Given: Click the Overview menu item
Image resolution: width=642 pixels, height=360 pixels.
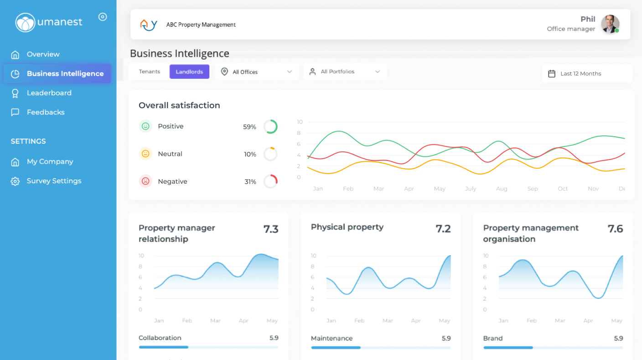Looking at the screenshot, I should pos(43,54).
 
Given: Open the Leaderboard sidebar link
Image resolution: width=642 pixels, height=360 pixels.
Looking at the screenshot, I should pos(49,93).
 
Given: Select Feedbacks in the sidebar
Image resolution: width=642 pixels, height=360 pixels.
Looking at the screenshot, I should pos(45,112).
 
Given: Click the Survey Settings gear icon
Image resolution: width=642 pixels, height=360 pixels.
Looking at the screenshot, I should pos(15,181).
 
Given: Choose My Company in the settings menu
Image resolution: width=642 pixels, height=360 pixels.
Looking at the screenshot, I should pos(50,162).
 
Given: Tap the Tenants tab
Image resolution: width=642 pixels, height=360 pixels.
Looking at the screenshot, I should pos(150,72).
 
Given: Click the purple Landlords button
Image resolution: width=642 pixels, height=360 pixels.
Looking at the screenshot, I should pos(189,72).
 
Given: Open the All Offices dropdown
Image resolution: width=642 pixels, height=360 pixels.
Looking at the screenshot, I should pos(257,72).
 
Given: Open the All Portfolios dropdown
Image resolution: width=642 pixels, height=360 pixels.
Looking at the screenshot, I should pos(345,72).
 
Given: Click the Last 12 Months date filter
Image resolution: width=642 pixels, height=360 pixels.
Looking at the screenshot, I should pos(587,73).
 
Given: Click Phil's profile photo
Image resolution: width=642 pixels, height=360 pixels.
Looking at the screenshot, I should pos(610,24).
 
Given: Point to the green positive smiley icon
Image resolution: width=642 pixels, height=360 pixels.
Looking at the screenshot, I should pos(145,126).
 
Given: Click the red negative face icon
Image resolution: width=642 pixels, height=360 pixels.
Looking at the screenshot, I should pos(145,181).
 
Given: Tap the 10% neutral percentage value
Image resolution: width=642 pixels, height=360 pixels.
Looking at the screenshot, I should pos(250,154).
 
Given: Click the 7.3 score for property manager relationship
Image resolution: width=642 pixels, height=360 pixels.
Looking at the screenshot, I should pos(271,229).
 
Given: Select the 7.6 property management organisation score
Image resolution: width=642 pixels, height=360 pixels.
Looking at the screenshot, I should pos(615,229).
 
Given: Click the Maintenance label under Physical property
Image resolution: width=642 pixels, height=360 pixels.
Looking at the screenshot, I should pos(331,338).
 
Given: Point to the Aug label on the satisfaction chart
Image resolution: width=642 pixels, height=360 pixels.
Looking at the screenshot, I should pos(502,189).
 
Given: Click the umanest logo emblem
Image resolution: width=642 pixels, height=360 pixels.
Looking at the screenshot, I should pos(25,22).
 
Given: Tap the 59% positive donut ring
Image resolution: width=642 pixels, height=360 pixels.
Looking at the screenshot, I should pos(270,127).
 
